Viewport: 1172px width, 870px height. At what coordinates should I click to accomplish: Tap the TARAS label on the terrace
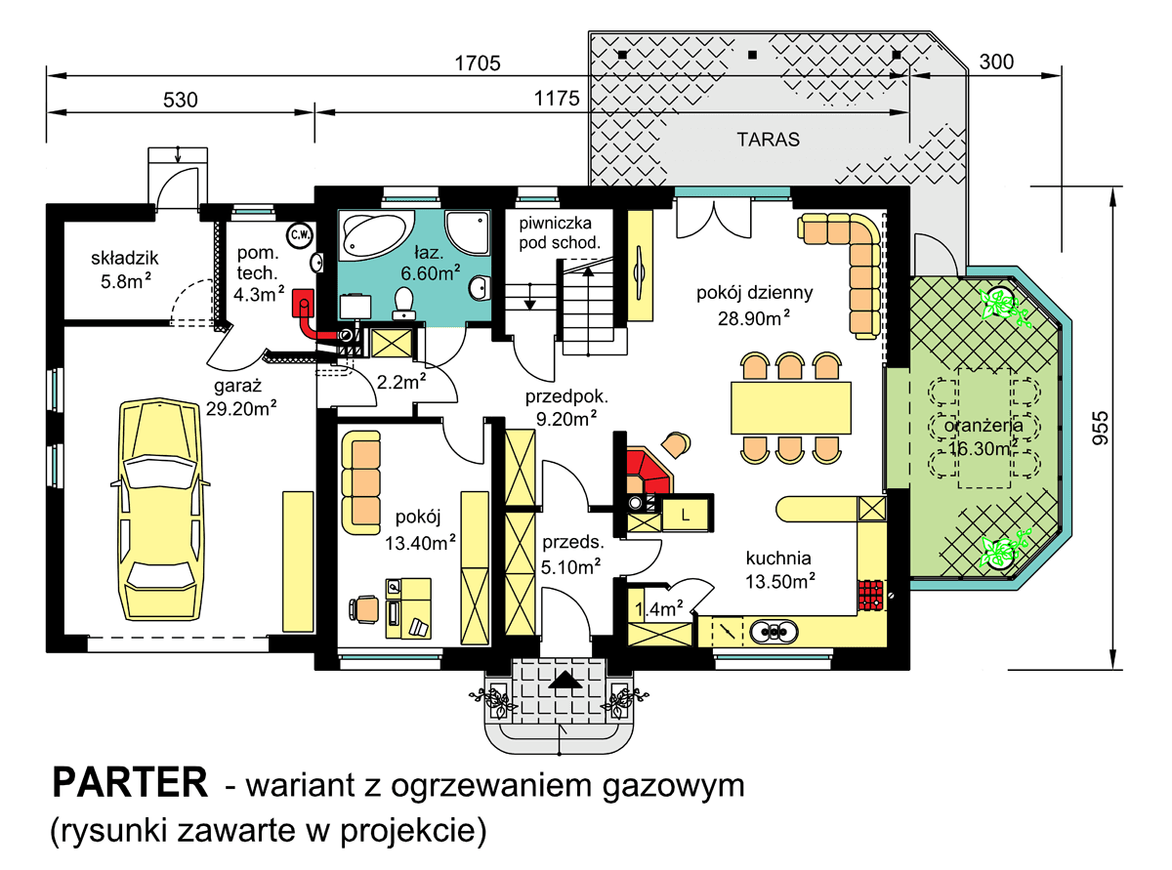coord(768,140)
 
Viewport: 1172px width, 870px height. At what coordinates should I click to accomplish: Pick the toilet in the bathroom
coord(402,302)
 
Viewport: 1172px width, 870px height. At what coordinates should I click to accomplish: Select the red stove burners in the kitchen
coord(870,595)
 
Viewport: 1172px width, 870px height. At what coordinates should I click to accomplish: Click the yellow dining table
coord(786,409)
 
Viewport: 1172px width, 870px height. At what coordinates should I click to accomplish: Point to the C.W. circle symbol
coord(299,234)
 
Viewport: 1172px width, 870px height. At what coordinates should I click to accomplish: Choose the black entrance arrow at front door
coord(563,680)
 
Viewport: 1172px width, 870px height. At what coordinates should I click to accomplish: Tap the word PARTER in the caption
coord(129,782)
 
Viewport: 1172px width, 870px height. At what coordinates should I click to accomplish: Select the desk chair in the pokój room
coord(365,607)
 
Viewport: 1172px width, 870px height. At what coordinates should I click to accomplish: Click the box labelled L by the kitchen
coord(686,514)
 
